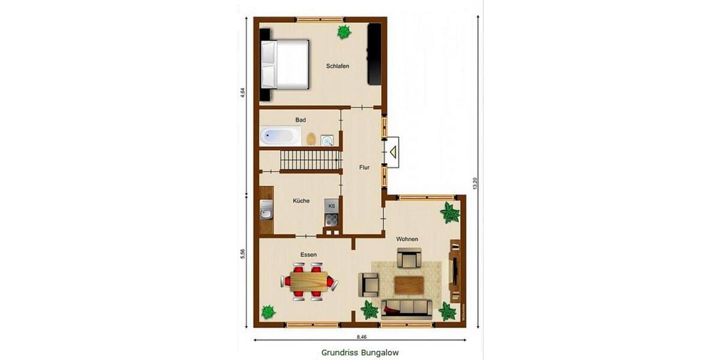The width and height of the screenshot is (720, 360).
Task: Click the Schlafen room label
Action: point(338,66)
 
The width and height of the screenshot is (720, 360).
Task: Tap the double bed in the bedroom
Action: point(286,64)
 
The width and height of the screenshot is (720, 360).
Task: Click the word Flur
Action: point(364,168)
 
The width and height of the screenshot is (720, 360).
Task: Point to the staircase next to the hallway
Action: point(309,161)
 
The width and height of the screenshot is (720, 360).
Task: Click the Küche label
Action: point(301,201)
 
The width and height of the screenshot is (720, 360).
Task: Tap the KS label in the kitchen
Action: point(331,205)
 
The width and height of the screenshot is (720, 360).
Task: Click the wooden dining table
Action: point(310,280)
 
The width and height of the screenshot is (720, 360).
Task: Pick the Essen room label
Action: point(308,255)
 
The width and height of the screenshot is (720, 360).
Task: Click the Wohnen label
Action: point(407,239)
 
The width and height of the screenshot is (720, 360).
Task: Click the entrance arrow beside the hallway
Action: point(393,152)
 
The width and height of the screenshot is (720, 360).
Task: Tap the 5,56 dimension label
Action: point(242,254)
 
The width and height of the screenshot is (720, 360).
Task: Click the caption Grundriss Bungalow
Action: point(360,353)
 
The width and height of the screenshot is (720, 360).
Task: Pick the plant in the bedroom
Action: point(344,32)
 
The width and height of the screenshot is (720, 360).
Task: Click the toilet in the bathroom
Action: point(311,139)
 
